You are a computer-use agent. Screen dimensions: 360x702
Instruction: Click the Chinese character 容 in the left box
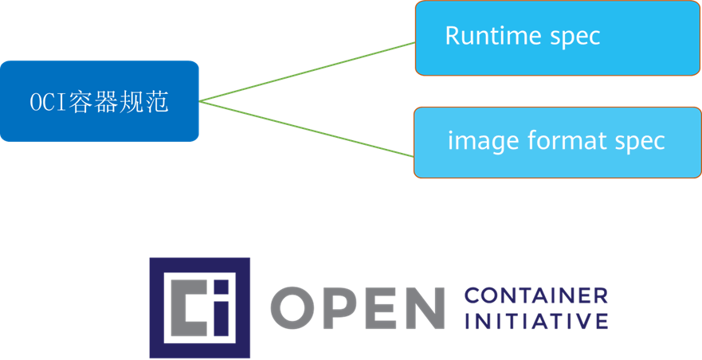click(80, 103)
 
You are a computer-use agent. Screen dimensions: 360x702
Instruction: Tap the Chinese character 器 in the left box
click(106, 103)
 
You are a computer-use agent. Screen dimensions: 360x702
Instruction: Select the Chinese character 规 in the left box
click(132, 103)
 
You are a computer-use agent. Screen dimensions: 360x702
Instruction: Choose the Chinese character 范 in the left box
click(158, 103)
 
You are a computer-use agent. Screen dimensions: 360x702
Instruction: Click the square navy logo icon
click(199, 307)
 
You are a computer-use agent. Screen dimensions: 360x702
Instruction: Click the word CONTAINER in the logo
click(535, 295)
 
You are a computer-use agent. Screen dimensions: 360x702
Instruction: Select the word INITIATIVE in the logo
click(535, 321)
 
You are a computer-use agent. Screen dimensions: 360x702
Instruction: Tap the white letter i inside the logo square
click(222, 307)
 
